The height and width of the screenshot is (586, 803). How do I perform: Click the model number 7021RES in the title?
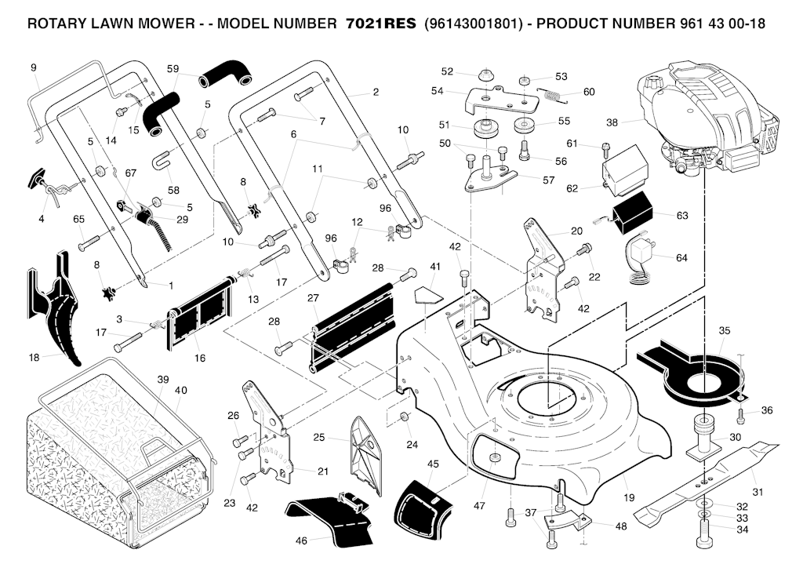(x=380, y=24)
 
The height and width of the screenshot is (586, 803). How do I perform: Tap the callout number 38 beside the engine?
(x=612, y=122)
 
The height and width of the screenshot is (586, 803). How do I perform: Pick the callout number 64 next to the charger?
(x=681, y=257)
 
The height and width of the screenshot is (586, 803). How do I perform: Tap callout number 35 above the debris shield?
(x=724, y=330)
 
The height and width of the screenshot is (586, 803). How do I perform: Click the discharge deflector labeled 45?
(x=423, y=506)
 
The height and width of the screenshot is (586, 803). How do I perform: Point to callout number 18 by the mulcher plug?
(x=34, y=358)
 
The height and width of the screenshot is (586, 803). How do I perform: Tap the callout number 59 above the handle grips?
(x=173, y=69)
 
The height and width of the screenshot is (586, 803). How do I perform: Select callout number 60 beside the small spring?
(x=589, y=92)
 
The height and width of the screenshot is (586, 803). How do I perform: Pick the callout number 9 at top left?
(x=34, y=67)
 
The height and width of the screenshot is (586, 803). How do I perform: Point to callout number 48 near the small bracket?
(x=620, y=526)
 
